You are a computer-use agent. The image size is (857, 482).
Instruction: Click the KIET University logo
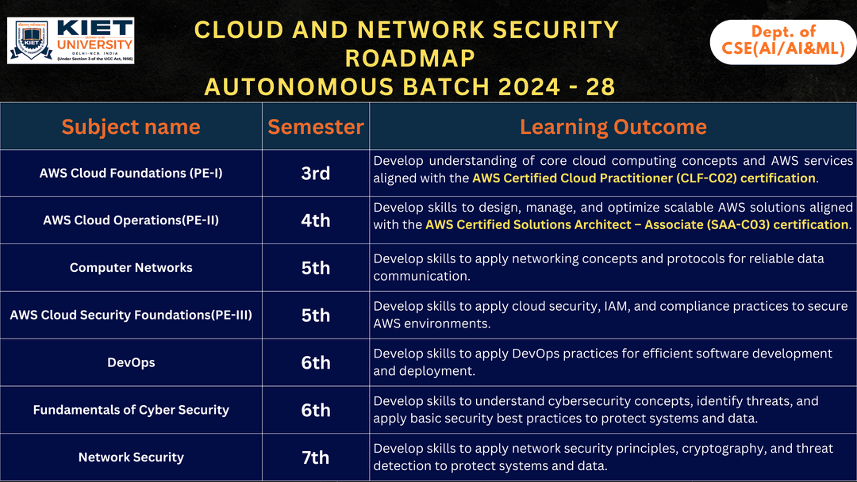[x=71, y=40]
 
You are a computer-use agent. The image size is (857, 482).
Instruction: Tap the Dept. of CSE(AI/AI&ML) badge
[x=782, y=41]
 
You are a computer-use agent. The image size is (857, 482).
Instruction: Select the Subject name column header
[x=131, y=127]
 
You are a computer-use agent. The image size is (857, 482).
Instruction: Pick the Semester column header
[x=316, y=127]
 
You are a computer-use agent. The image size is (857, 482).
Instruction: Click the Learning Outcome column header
[x=613, y=127]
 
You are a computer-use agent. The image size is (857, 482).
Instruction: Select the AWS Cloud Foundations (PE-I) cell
[x=131, y=173]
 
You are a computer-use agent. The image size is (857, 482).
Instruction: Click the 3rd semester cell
[x=316, y=173]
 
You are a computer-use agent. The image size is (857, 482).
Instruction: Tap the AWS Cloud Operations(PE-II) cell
[x=131, y=220]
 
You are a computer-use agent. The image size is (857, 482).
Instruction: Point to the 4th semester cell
[x=316, y=220]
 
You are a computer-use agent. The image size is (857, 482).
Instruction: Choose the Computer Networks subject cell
[x=131, y=268]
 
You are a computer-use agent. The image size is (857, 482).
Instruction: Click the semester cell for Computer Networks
[x=316, y=268]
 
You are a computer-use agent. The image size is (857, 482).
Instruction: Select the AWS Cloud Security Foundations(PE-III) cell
[x=131, y=316]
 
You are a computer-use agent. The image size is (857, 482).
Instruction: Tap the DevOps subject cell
[x=131, y=363]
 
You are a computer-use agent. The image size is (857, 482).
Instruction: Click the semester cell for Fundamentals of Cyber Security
[x=316, y=410]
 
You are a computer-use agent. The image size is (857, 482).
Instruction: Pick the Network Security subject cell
[x=131, y=457]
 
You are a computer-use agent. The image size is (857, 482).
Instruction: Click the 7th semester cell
[x=316, y=457]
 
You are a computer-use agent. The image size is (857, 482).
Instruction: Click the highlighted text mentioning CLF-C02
[x=644, y=178]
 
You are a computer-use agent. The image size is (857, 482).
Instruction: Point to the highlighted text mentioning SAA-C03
[x=636, y=225]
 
